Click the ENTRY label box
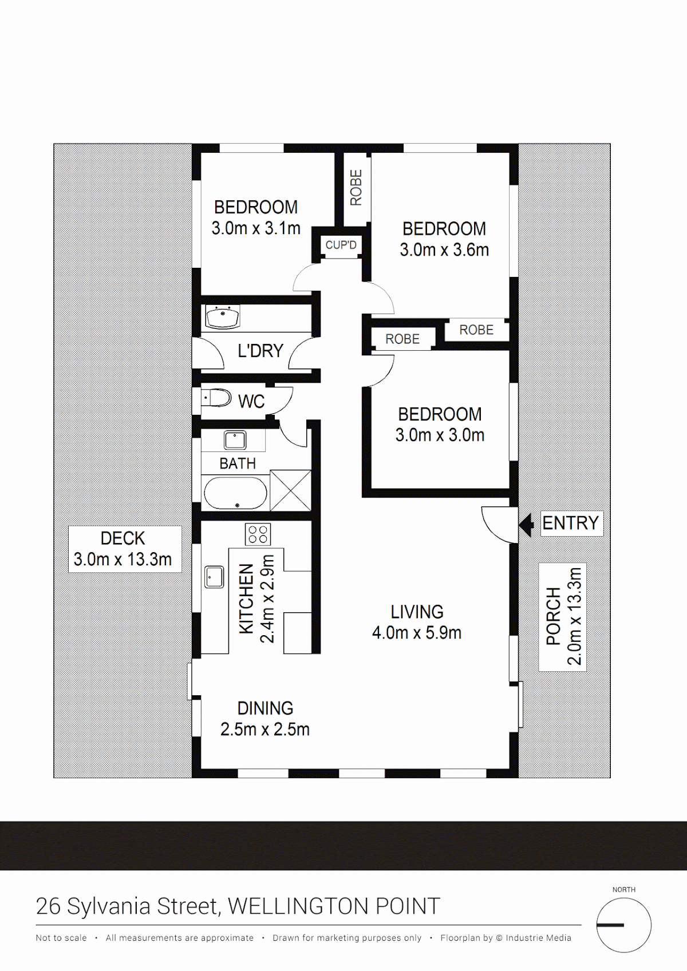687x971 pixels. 571,523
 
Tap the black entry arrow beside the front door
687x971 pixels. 526,525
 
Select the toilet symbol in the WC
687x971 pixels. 216,398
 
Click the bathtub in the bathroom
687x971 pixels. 235,493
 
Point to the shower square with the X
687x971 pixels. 291,490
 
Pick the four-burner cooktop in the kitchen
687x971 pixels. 258,534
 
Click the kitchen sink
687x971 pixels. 214,577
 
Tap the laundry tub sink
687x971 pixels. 222,317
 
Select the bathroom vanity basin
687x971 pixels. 235,441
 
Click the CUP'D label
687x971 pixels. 341,245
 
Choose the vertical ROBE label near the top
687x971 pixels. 356,188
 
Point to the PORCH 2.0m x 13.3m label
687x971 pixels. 562,617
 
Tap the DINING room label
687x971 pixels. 265,719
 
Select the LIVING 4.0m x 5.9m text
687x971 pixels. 417,623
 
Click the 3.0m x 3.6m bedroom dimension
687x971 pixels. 444,250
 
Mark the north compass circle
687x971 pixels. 623,925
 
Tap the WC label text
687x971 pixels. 251,402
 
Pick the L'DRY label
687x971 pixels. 260,350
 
